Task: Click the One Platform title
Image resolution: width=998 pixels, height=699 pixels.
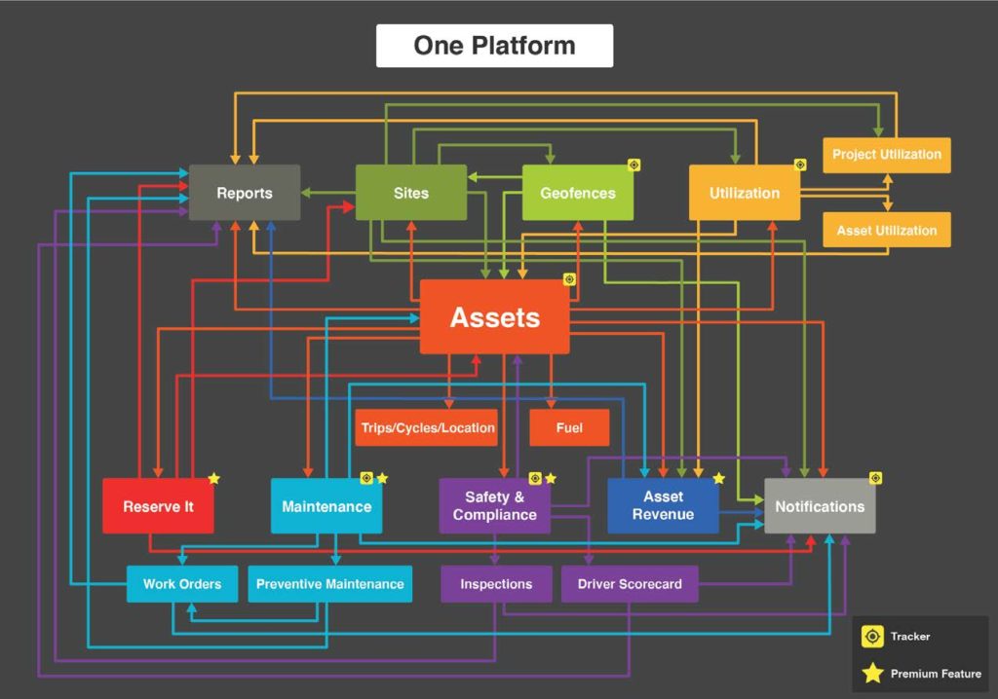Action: [494, 46]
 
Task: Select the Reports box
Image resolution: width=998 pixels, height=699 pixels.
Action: [244, 193]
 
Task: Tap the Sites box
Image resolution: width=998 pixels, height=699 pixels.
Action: [410, 193]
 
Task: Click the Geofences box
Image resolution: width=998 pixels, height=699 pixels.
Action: [578, 193]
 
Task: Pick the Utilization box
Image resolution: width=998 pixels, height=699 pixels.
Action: [745, 193]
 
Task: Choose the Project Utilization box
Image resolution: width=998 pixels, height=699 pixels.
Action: [886, 155]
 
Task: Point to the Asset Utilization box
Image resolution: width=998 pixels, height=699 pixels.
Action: [886, 231]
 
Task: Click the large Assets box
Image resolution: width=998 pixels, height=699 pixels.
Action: [494, 317]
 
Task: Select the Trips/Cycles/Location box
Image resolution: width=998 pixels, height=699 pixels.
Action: [428, 427]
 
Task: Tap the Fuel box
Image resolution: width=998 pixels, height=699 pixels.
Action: [569, 427]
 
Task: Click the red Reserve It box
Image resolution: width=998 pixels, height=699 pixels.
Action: [158, 506]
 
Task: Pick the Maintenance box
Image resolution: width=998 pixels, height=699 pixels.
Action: [326, 506]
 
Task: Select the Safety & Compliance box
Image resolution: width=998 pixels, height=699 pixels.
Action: [494, 506]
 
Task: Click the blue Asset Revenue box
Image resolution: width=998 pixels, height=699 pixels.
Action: [663, 506]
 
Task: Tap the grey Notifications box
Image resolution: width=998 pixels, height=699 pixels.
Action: [820, 506]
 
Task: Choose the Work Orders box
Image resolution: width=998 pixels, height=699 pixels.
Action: [182, 584]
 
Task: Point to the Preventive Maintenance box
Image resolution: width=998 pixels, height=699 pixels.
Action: [329, 584]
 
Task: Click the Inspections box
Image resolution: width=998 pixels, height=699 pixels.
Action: [496, 584]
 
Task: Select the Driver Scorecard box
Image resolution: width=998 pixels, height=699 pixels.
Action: [630, 584]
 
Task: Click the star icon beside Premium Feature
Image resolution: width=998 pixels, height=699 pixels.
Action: [872, 673]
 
